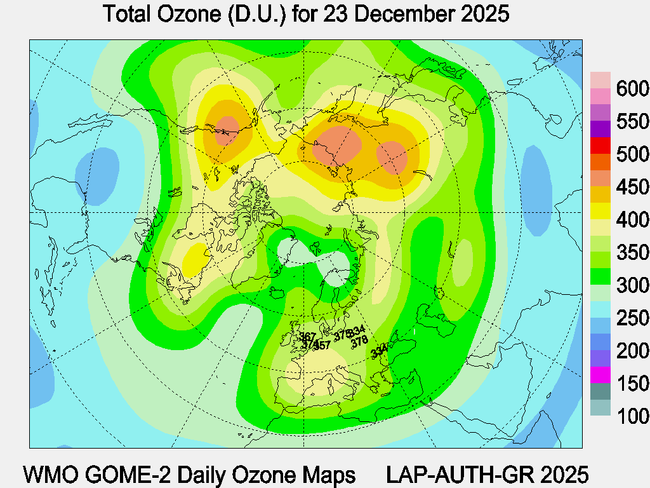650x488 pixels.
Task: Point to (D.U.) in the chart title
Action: [259, 14]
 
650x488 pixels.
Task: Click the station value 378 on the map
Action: [360, 341]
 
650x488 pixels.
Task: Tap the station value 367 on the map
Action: [308, 337]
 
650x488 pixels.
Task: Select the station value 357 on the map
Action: [322, 345]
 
